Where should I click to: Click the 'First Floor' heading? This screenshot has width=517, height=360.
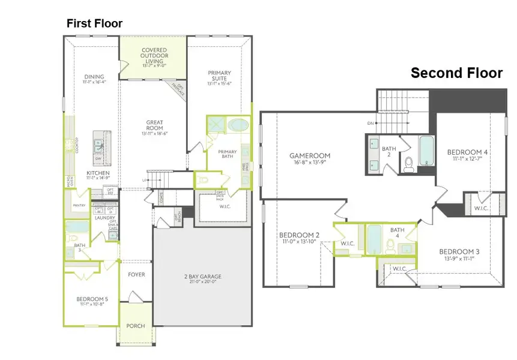[94, 23]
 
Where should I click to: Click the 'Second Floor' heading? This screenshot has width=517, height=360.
[456, 73]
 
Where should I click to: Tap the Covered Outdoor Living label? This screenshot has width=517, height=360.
[154, 54]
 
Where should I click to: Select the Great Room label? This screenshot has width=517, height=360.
[155, 127]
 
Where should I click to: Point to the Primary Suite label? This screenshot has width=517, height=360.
[220, 77]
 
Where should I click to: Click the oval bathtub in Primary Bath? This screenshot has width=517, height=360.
[238, 127]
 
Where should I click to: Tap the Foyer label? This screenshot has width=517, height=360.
[136, 275]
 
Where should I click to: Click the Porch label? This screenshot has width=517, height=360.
[136, 326]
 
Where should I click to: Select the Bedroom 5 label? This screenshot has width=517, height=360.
[92, 299]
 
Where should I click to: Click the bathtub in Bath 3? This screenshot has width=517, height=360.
[77, 228]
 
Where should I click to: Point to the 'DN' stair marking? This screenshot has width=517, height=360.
[372, 124]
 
